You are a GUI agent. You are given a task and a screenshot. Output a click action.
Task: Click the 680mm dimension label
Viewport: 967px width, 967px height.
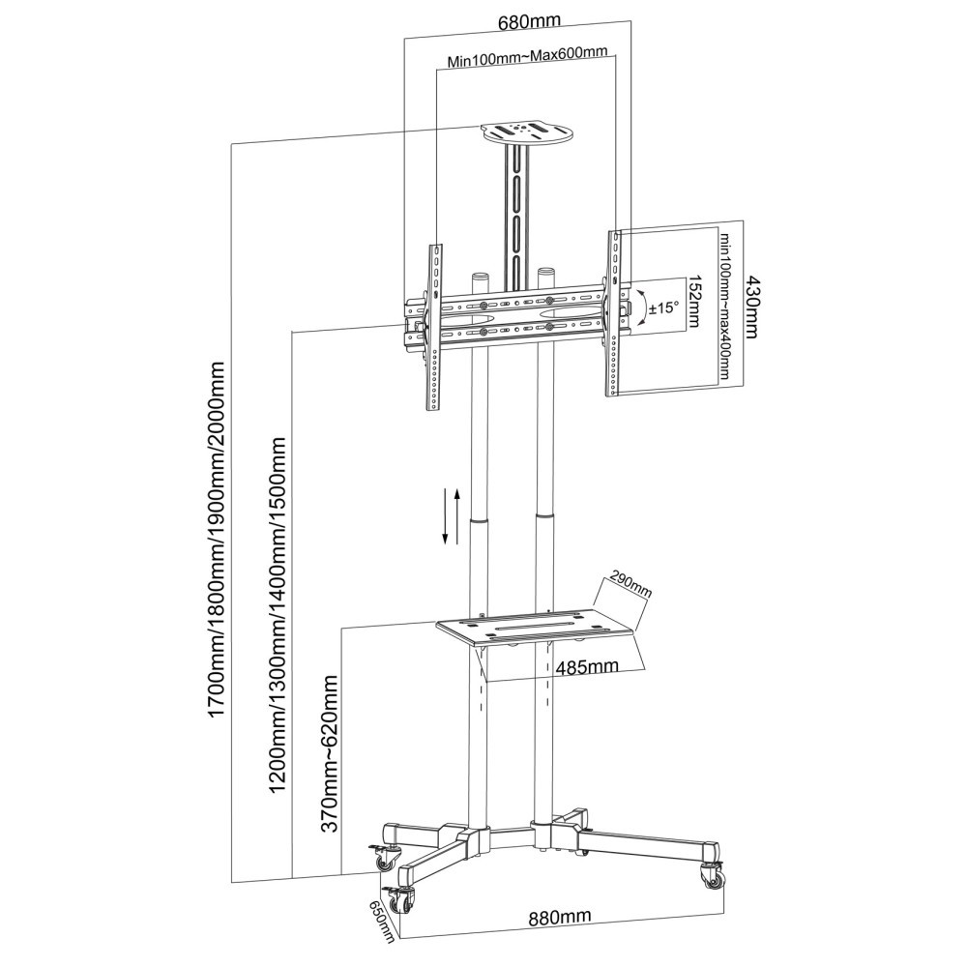(529, 21)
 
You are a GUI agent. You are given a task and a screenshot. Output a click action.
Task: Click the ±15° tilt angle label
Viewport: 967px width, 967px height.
(663, 307)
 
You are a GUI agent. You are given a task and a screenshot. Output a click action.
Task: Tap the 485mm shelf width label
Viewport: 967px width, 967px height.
(587, 666)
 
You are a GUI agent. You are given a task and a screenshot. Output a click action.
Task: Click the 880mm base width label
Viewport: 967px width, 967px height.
(559, 917)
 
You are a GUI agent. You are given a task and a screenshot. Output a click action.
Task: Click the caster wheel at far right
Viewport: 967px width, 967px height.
(714, 878)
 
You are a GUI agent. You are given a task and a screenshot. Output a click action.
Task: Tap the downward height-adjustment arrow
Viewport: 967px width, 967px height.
(445, 515)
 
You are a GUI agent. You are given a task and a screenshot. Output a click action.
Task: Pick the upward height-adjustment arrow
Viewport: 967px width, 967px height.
(457, 516)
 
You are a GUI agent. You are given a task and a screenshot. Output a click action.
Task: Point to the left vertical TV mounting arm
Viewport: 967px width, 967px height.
(435, 327)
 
